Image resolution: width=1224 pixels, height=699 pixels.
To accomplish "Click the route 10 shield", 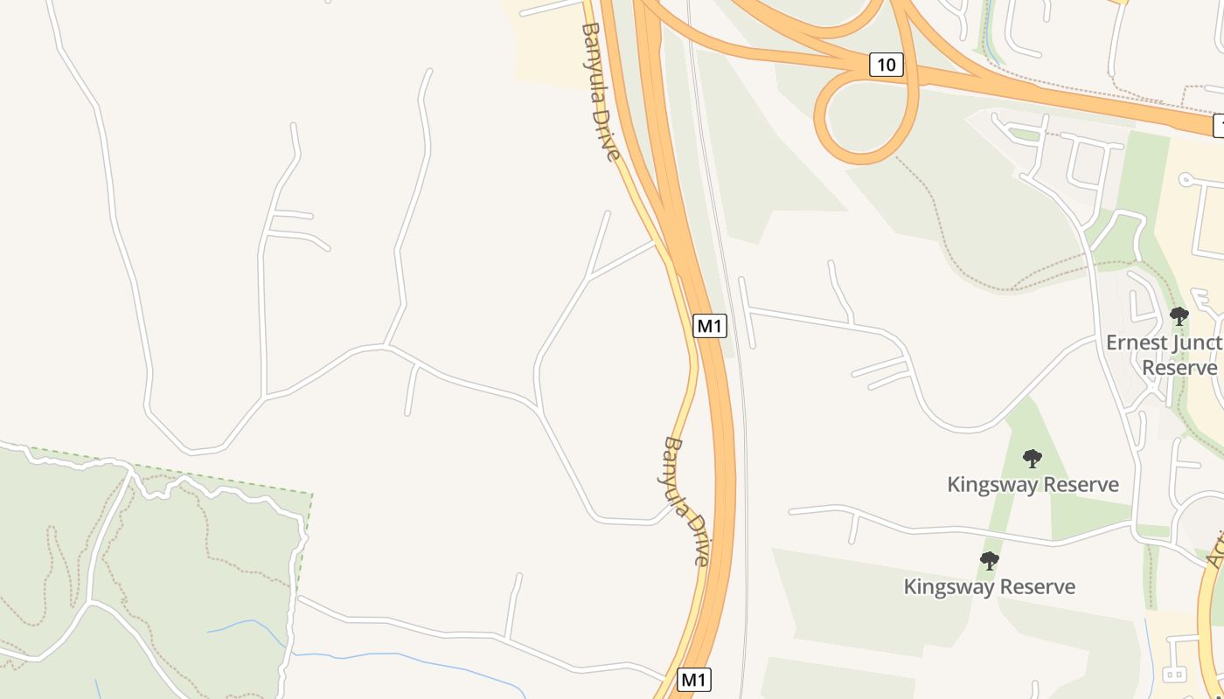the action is pos(886,64).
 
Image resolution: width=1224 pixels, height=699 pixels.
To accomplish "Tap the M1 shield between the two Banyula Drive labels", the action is pos(709,326).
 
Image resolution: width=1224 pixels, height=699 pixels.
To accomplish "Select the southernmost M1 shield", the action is pos(693,680).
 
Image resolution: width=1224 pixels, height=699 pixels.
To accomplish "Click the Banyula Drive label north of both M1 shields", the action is pos(600,91).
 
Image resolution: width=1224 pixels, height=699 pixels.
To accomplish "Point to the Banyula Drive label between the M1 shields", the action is pos(686,502).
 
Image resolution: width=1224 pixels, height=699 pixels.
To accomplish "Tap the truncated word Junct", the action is pos(1200,343).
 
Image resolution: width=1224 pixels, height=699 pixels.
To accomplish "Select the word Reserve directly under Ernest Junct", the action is pos(1179,367).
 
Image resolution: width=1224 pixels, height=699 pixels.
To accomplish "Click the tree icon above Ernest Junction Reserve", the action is pos(1179,315).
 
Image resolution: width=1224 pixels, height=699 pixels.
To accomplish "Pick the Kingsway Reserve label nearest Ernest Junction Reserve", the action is pos(1033,484).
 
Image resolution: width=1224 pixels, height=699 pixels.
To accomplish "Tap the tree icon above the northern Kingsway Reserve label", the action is pos(1032,458).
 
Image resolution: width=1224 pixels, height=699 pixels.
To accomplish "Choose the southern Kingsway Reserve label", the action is pos(989,586).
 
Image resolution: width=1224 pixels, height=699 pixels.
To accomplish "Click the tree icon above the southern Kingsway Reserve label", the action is pos(989,560).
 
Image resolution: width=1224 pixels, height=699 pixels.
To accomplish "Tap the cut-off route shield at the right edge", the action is pos(1219,126).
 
